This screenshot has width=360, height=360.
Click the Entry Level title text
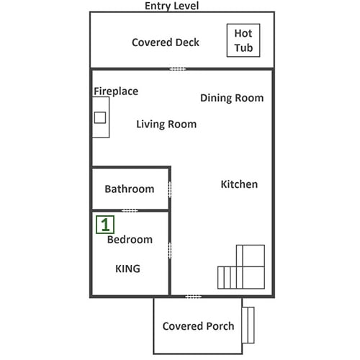tap(171, 6)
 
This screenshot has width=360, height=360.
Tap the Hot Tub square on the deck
tap(243, 40)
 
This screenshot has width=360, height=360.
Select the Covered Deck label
tap(166, 42)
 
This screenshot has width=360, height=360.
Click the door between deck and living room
tap(178, 69)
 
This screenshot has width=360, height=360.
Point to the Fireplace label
tap(116, 91)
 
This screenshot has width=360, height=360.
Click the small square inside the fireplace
tap(100, 117)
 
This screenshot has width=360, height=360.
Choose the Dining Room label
tap(232, 98)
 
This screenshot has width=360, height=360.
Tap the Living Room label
tap(166, 124)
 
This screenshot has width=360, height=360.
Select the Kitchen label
tap(239, 184)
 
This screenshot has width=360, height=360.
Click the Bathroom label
tap(130, 189)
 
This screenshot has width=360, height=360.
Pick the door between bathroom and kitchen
tap(170, 190)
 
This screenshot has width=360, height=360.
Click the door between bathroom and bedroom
tap(130, 211)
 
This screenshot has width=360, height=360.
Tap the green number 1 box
tap(105, 225)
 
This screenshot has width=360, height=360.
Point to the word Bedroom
tap(130, 240)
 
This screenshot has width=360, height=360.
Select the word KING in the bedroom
tap(127, 269)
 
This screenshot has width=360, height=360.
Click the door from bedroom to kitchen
tap(170, 251)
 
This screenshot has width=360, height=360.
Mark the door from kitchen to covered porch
tap(193, 297)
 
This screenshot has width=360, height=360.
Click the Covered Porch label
tap(198, 326)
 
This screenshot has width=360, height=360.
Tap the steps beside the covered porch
tap(248, 325)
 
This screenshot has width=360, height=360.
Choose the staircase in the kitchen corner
tap(241, 267)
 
